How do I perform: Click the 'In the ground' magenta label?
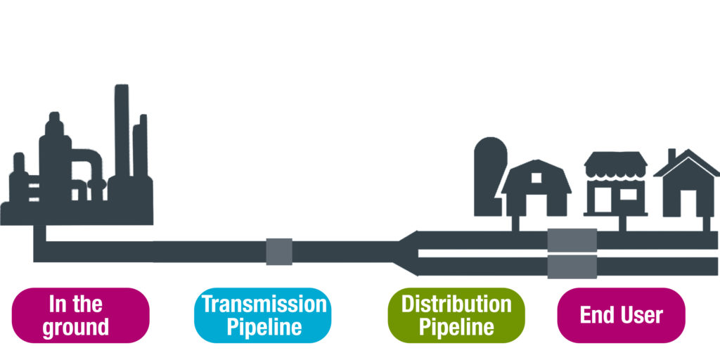(x=81, y=315)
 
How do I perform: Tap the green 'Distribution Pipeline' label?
(x=456, y=315)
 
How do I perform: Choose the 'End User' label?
(x=621, y=315)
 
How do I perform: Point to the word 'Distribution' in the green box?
(x=456, y=304)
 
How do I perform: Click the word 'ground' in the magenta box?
(x=76, y=327)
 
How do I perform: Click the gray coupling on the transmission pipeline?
(x=279, y=251)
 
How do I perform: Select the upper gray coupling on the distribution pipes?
(x=572, y=240)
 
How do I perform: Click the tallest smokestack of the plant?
(x=122, y=134)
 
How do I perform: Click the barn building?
(x=536, y=190)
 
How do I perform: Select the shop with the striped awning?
(x=615, y=186)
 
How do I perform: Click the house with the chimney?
(x=687, y=190)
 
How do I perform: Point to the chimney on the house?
(x=671, y=155)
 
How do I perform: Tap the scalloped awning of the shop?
(x=615, y=165)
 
